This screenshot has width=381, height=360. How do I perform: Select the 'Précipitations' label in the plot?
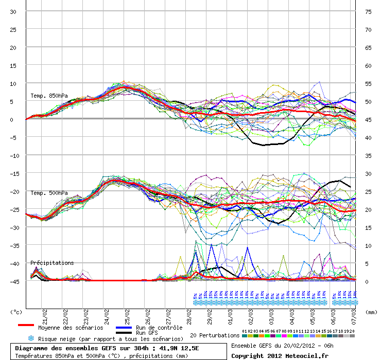52,263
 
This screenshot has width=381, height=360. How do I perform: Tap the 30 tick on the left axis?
13,11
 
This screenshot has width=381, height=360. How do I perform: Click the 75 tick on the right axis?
368,11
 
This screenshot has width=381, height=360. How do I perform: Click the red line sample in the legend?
26,325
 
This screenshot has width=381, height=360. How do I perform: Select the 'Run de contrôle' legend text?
159,328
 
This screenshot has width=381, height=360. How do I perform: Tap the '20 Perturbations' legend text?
214,335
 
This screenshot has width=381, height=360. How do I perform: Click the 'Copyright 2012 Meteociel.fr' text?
280,355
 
